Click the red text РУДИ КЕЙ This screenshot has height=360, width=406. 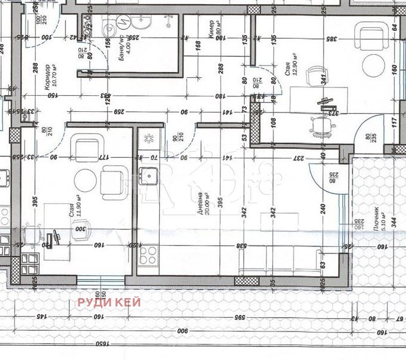click(109, 302)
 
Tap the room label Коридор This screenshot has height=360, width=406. click(47, 77)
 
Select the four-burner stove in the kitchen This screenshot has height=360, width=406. click(147, 255)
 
